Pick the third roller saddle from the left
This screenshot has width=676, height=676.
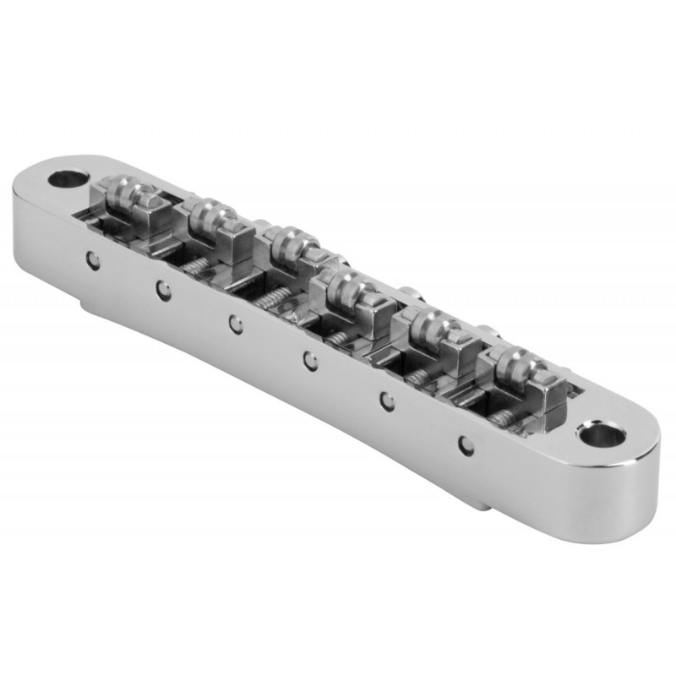coord(287,245)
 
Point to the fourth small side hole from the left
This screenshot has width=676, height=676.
coord(310,361)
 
